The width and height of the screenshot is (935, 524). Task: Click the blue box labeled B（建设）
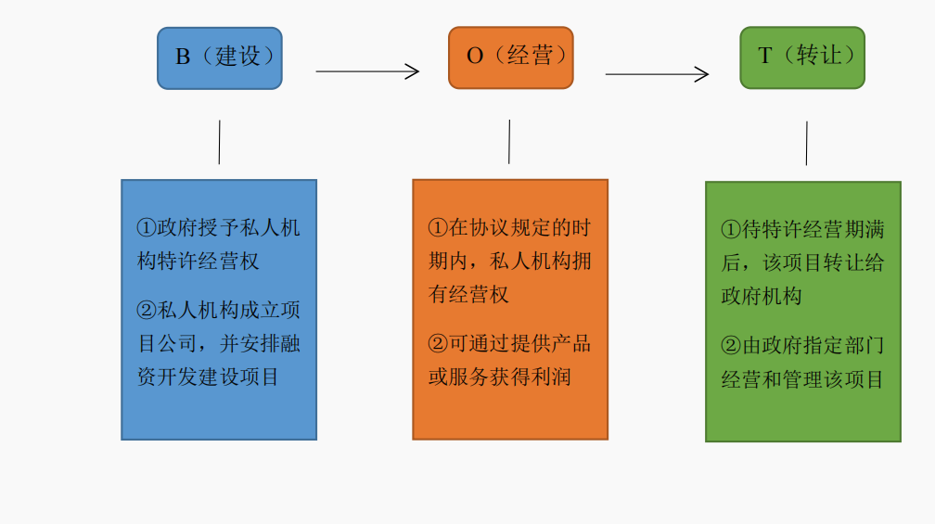[219, 58]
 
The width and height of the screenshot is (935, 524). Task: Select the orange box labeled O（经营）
[510, 58]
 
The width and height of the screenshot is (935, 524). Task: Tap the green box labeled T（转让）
[801, 58]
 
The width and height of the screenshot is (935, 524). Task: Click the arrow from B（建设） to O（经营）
[367, 71]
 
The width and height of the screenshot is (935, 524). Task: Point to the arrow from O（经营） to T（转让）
[657, 74]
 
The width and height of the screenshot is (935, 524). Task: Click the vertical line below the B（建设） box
[219, 142]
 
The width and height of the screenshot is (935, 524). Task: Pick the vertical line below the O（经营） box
[509, 142]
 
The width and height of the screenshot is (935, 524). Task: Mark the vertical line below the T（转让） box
[806, 144]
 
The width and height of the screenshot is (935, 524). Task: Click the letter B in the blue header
[183, 57]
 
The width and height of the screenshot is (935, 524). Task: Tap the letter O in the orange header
[475, 57]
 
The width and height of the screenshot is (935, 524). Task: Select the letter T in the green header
[765, 56]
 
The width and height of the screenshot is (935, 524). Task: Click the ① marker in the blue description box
[147, 228]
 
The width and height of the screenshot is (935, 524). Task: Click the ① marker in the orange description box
[438, 228]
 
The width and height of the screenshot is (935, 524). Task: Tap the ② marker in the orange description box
[438, 344]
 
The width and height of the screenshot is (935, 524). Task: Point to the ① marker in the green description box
[731, 229]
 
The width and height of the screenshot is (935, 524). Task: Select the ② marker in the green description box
[731, 346]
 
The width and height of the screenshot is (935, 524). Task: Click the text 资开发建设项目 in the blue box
[208, 377]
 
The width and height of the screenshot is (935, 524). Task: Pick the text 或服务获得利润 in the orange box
[499, 377]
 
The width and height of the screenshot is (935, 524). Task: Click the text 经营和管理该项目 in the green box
[802, 379]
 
